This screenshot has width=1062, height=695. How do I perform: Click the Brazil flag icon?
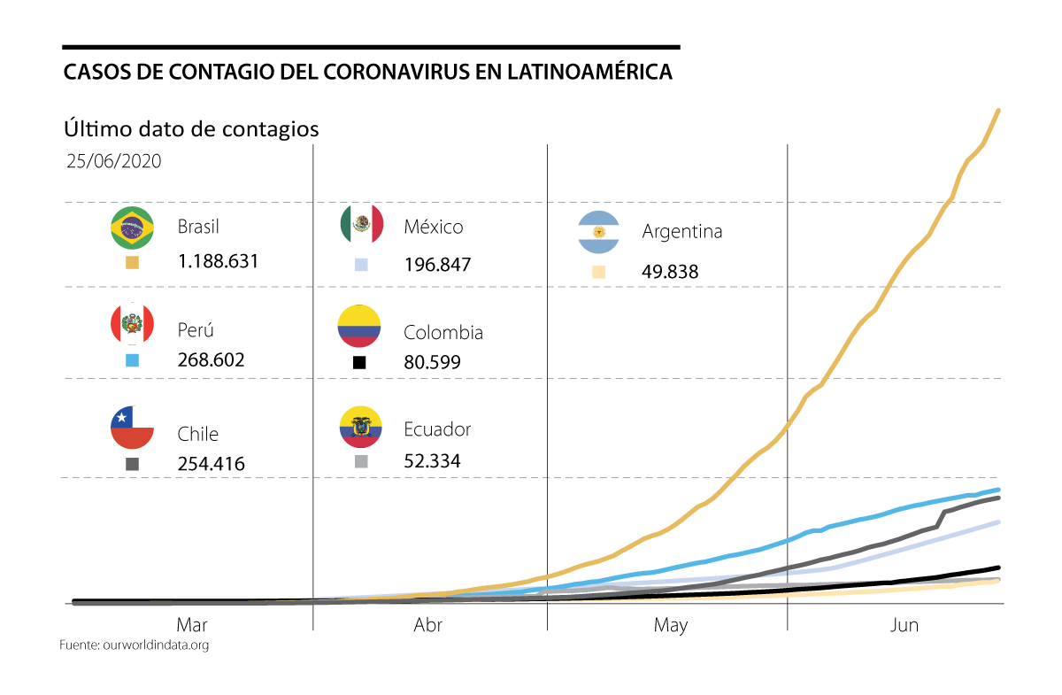[x=132, y=228]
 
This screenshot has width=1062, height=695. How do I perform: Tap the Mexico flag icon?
[x=362, y=225]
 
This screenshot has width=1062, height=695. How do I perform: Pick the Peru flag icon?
[x=132, y=324]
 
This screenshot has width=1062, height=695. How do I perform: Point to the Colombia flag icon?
[x=359, y=326]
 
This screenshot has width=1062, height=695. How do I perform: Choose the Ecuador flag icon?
[x=359, y=428]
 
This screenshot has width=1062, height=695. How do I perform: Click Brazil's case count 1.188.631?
[x=217, y=261]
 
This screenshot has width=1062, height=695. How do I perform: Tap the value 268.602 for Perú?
[x=211, y=360]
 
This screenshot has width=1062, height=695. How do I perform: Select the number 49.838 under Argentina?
[x=670, y=272]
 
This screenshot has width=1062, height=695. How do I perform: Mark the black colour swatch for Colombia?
[x=359, y=362]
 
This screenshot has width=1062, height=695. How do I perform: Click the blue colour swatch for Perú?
[x=132, y=360]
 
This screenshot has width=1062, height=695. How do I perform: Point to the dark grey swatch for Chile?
[x=132, y=464]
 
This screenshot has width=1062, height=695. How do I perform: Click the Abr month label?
[x=428, y=625]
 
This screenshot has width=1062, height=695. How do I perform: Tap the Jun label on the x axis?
[x=904, y=625]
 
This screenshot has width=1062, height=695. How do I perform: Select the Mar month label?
[x=192, y=625]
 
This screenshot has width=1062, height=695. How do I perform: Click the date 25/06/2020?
[x=113, y=162]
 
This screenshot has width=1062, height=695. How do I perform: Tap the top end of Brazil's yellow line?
[x=998, y=111]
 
